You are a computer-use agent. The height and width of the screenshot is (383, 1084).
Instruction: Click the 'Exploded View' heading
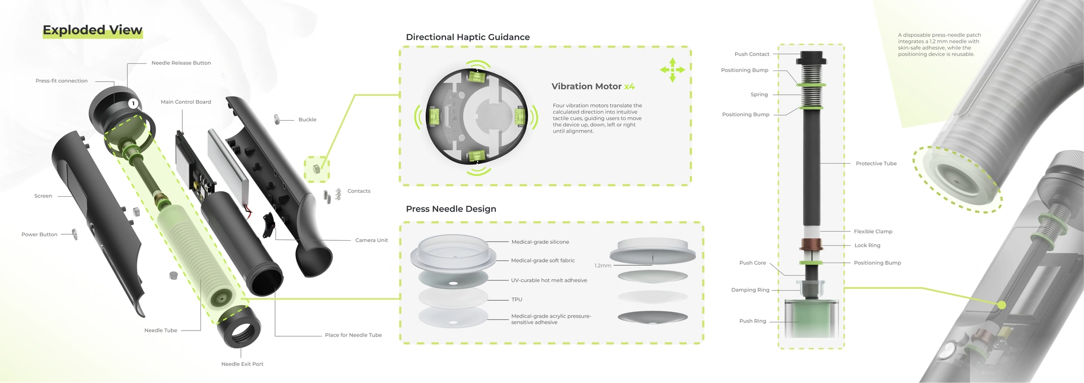(x=93, y=30)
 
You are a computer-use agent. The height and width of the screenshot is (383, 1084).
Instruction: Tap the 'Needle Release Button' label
(x=181, y=63)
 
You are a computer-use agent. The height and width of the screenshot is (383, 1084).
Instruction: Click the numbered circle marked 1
(x=133, y=103)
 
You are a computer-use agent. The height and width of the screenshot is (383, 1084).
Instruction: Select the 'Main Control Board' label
(x=186, y=102)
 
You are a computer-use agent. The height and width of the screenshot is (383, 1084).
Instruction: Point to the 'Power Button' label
(x=40, y=235)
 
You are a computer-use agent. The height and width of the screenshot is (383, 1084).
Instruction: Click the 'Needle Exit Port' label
(x=242, y=364)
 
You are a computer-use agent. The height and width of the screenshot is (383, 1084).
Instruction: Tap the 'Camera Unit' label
(x=371, y=240)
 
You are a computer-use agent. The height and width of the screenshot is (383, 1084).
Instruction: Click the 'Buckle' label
(x=307, y=120)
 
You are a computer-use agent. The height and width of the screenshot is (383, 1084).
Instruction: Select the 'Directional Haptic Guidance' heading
(x=468, y=37)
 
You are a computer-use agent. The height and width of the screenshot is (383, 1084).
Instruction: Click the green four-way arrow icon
(x=672, y=70)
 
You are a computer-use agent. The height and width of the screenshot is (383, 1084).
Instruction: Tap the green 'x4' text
(x=630, y=86)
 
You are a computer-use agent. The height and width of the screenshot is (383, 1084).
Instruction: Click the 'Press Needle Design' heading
(x=451, y=209)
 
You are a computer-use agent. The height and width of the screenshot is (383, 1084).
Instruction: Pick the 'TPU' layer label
(x=517, y=300)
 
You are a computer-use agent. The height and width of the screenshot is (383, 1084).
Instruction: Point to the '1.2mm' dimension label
(x=603, y=266)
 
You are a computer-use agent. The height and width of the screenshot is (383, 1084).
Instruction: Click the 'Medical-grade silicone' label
(x=540, y=242)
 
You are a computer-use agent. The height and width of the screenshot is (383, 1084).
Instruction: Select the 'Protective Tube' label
(x=876, y=164)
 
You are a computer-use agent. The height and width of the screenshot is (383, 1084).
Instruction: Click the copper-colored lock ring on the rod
(x=811, y=245)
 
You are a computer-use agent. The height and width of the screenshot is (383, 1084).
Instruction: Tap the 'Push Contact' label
(x=752, y=54)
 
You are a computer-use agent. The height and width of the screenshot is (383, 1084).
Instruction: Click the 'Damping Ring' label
(x=750, y=290)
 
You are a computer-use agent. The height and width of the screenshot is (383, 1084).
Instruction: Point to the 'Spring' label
(x=759, y=95)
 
